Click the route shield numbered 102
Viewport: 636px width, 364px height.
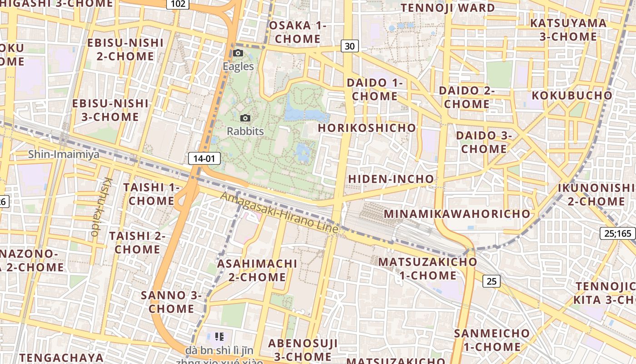pos(179,4)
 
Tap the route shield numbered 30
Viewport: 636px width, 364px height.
pos(349,46)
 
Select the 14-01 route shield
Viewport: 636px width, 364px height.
pos(204,158)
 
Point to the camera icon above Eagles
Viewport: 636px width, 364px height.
pos(238,53)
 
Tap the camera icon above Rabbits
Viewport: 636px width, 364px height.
pos(245,118)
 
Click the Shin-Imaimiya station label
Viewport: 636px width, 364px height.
pos(64,154)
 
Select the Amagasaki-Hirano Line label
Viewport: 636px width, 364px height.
pos(279,213)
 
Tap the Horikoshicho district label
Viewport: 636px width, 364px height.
pos(367,128)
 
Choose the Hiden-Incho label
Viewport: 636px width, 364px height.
pos(391,179)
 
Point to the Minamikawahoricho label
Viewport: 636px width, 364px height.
pos(457,213)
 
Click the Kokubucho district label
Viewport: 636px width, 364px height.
pos(572,96)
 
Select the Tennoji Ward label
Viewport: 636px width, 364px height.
pos(448,8)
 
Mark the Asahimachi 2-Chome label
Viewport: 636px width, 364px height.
pos(257,270)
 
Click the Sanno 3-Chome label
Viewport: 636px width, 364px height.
pos(171,302)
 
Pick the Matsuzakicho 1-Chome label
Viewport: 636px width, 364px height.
pos(427,268)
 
